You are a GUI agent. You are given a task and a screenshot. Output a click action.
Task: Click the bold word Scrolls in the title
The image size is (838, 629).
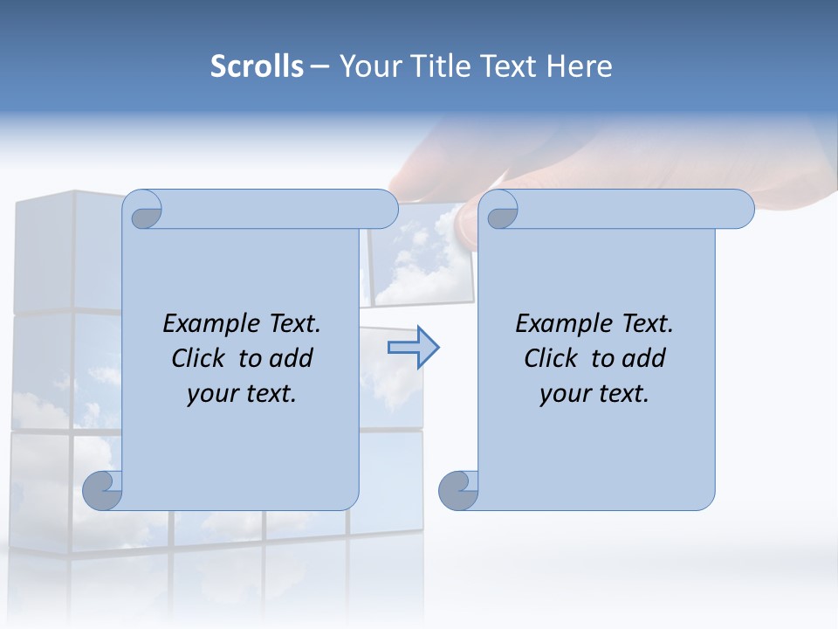point(257,66)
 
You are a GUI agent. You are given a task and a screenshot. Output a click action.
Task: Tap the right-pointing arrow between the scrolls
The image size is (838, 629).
point(413,348)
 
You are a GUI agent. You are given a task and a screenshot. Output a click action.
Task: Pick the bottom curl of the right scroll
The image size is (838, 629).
point(458,490)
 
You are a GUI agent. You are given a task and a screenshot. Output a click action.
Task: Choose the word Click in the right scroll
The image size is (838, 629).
point(551,358)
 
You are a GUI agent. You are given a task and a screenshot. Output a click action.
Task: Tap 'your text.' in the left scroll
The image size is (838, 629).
point(242,393)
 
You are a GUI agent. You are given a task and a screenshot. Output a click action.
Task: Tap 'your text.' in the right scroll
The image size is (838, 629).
point(594,393)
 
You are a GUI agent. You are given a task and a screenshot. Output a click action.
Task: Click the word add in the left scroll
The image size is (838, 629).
point(292,358)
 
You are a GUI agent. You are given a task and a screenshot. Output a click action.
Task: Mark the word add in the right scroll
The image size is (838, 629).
point(645,358)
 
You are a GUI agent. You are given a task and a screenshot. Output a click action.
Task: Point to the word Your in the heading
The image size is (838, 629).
point(369,66)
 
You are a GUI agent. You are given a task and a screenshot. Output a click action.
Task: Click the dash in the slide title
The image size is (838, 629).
point(319,67)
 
